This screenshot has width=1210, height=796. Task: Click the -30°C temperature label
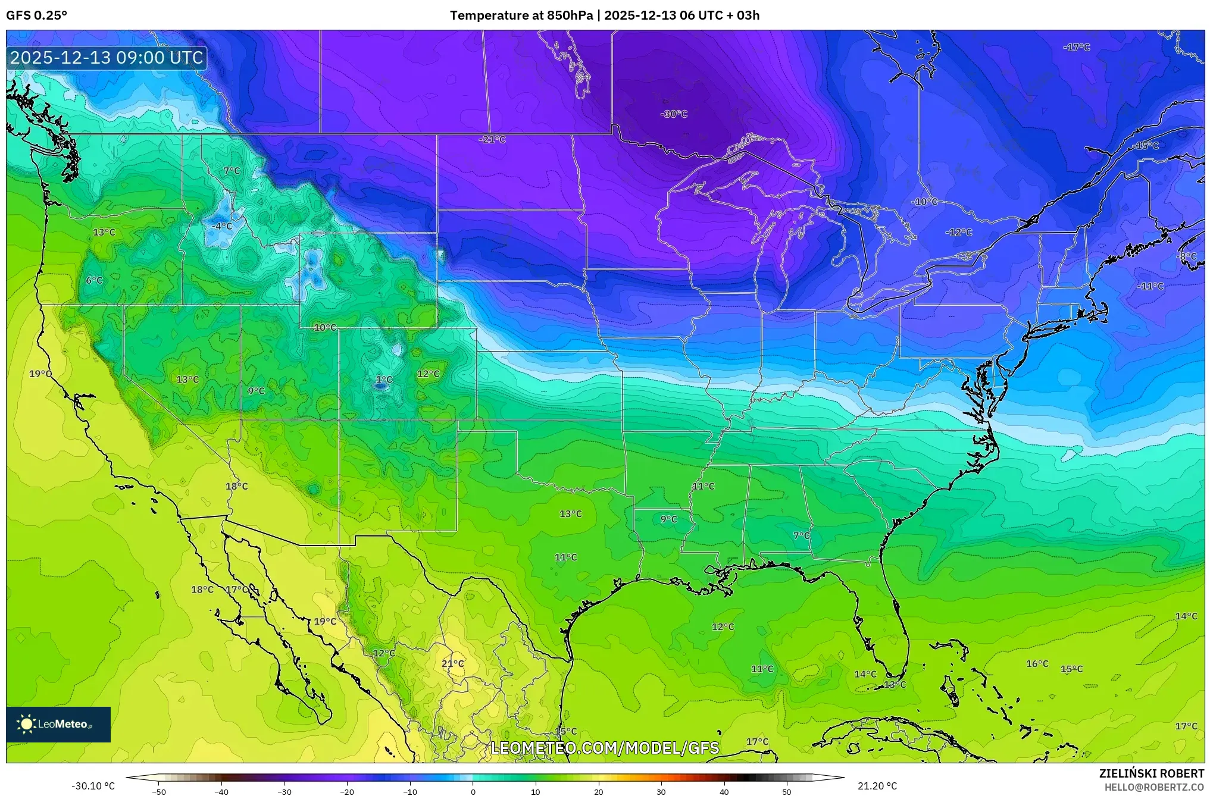pos(674,114)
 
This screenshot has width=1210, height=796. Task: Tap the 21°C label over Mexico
pos(452,663)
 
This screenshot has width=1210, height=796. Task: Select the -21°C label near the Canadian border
pos(492,139)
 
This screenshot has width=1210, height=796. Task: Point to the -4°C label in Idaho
pos(222,226)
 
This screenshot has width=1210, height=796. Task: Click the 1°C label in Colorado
pos(384,380)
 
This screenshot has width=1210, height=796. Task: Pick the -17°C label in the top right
pos(1076,47)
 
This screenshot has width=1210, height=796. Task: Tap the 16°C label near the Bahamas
pos(1037,663)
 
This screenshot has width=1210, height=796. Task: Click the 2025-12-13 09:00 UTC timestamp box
pos(107,58)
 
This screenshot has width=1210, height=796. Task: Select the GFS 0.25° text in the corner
pos(37,15)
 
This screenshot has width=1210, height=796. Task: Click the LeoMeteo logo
pos(58,724)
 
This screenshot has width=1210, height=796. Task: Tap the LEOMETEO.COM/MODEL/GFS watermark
pos(605,748)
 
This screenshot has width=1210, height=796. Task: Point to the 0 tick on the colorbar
pos(473,791)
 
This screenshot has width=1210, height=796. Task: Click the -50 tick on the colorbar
pos(159,791)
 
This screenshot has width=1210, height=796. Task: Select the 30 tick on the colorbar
pos(661,791)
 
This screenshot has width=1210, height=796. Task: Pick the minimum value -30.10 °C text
pos(93,786)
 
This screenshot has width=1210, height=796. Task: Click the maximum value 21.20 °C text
pos(877,786)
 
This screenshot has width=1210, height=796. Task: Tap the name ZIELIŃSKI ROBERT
pos(1151,773)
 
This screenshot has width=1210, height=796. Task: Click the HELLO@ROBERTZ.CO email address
pos(1154,787)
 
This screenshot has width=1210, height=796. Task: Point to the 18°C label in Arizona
pos(236,486)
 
